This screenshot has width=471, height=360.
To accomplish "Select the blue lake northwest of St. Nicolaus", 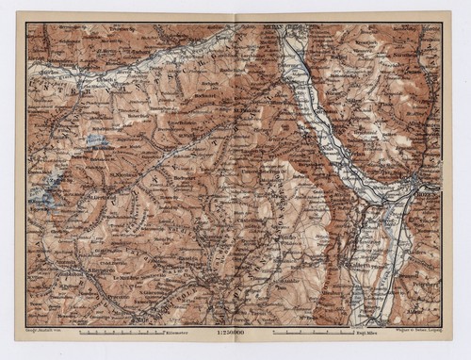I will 94,141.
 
